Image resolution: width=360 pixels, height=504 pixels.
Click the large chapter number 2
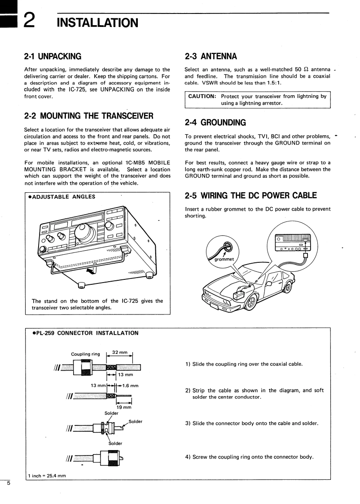pyautogui.click(x=30, y=21)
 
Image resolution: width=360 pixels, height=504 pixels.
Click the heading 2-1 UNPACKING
pyautogui.click(x=53, y=57)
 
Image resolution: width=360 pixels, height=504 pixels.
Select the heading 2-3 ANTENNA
pyautogui.click(x=211, y=57)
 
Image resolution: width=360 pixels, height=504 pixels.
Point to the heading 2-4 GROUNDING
pyautogui.click(x=215, y=122)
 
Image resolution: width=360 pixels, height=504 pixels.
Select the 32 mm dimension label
pyautogui.click(x=119, y=352)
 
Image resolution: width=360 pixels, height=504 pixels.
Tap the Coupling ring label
pyautogui.click(x=85, y=354)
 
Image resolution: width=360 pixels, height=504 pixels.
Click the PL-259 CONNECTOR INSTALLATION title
pyautogui.click(x=85, y=333)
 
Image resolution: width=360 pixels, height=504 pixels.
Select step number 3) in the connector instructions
pyautogui.click(x=188, y=423)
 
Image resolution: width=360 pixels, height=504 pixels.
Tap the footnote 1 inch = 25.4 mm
pyautogui.click(x=47, y=476)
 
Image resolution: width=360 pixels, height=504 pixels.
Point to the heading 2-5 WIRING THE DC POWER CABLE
pyautogui.click(x=251, y=195)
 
